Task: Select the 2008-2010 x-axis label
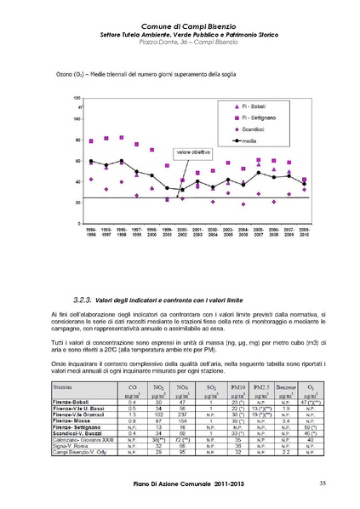click(x=304, y=232)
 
